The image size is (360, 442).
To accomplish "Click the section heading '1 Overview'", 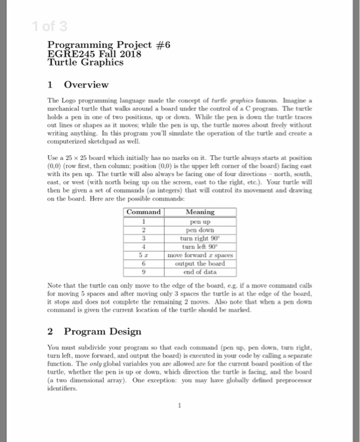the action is (x=78, y=84).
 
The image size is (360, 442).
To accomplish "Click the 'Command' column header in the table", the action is (x=144, y=212).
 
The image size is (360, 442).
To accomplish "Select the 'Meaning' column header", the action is (x=201, y=212).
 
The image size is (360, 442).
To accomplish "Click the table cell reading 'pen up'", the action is (x=201, y=222).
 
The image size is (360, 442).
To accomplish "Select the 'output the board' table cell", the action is (x=201, y=263).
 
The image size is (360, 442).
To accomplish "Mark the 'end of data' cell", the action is (x=201, y=272).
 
